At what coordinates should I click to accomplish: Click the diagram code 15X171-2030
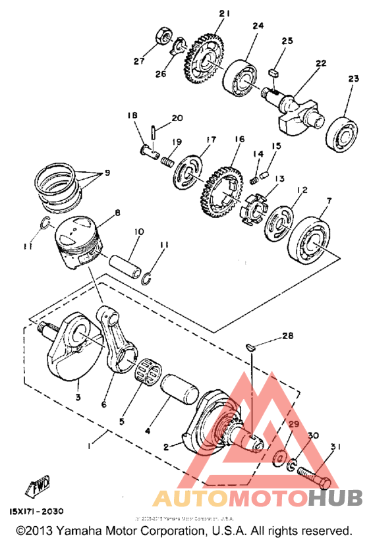pos(39,510)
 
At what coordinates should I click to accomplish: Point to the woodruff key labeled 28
pos(252,345)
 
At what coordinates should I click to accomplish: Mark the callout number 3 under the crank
pos(78,398)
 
